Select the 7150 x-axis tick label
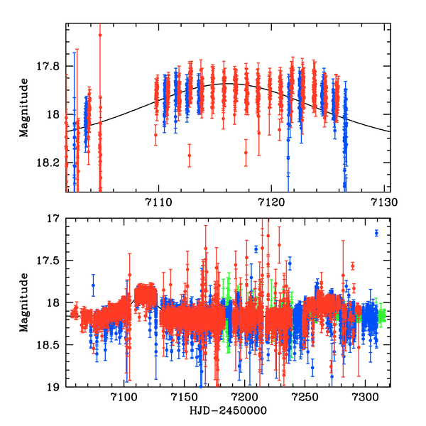pyautogui.click(x=185, y=399)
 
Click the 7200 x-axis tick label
pyautogui.click(x=245, y=399)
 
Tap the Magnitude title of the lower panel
pyautogui.click(x=24, y=303)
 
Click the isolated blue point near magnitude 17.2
pyautogui.click(x=376, y=233)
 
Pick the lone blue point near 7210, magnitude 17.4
pyautogui.click(x=256, y=249)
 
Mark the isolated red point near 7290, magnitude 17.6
pyautogui.click(x=352, y=266)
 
